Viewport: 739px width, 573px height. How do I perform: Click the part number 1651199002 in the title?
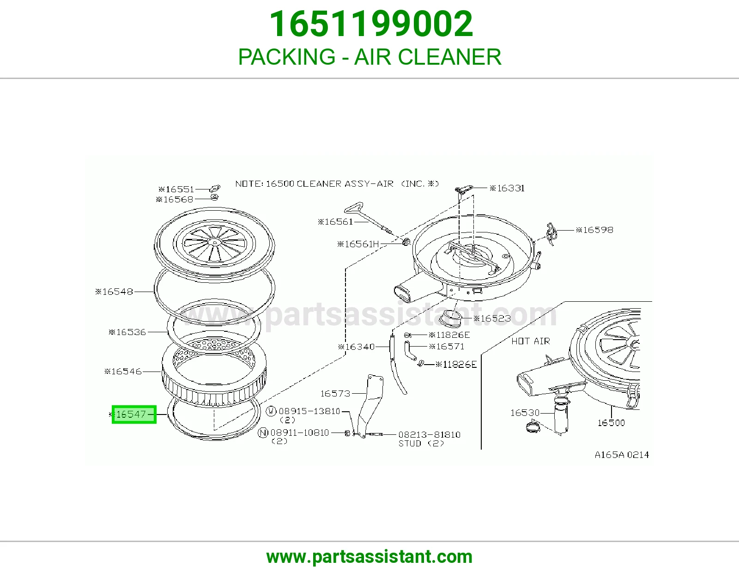(371, 24)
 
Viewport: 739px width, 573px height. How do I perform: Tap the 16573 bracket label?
(335, 394)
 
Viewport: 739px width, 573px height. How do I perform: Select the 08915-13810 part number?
(309, 411)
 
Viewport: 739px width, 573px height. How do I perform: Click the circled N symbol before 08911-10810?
(263, 433)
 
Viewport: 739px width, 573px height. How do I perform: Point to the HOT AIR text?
(531, 341)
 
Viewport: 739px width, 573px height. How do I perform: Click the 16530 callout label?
(525, 413)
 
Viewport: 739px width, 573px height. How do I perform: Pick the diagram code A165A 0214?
(622, 455)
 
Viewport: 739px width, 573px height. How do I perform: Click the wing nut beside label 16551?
(215, 188)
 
